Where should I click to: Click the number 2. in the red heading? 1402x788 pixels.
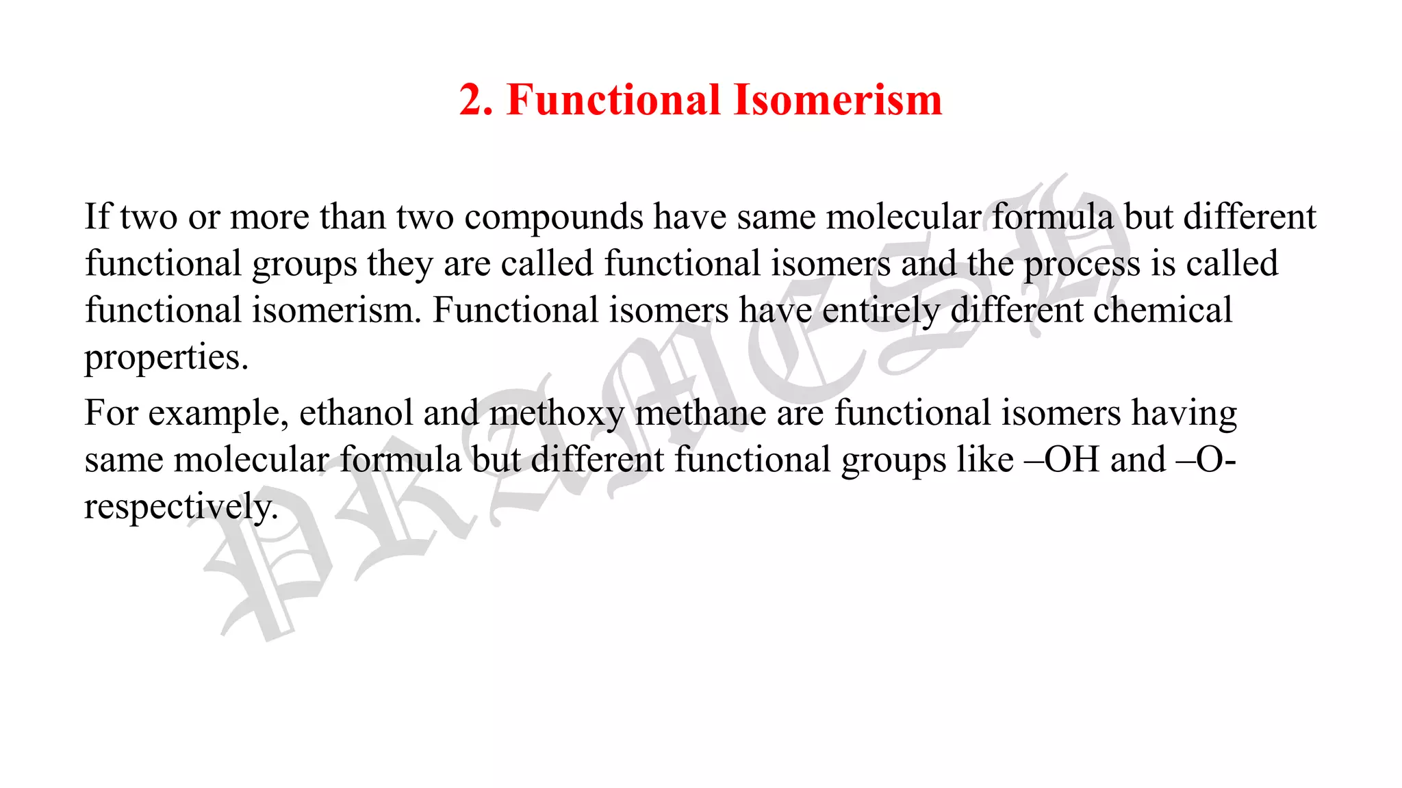point(476,100)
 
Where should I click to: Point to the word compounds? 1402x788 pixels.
point(554,218)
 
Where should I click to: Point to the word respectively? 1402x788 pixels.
point(181,508)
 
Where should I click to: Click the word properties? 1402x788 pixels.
point(166,358)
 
